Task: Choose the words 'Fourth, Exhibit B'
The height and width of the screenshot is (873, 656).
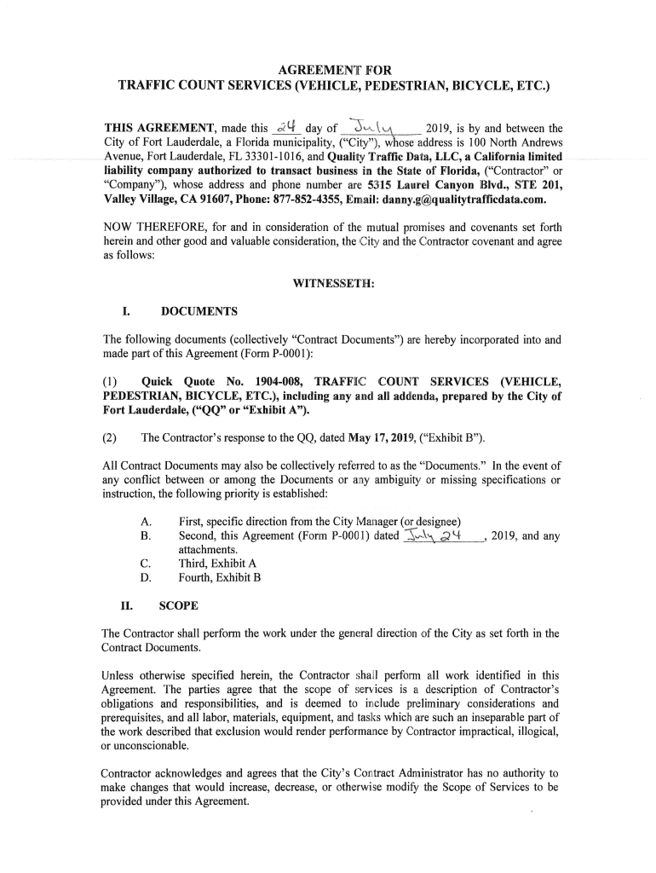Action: click(220, 578)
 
